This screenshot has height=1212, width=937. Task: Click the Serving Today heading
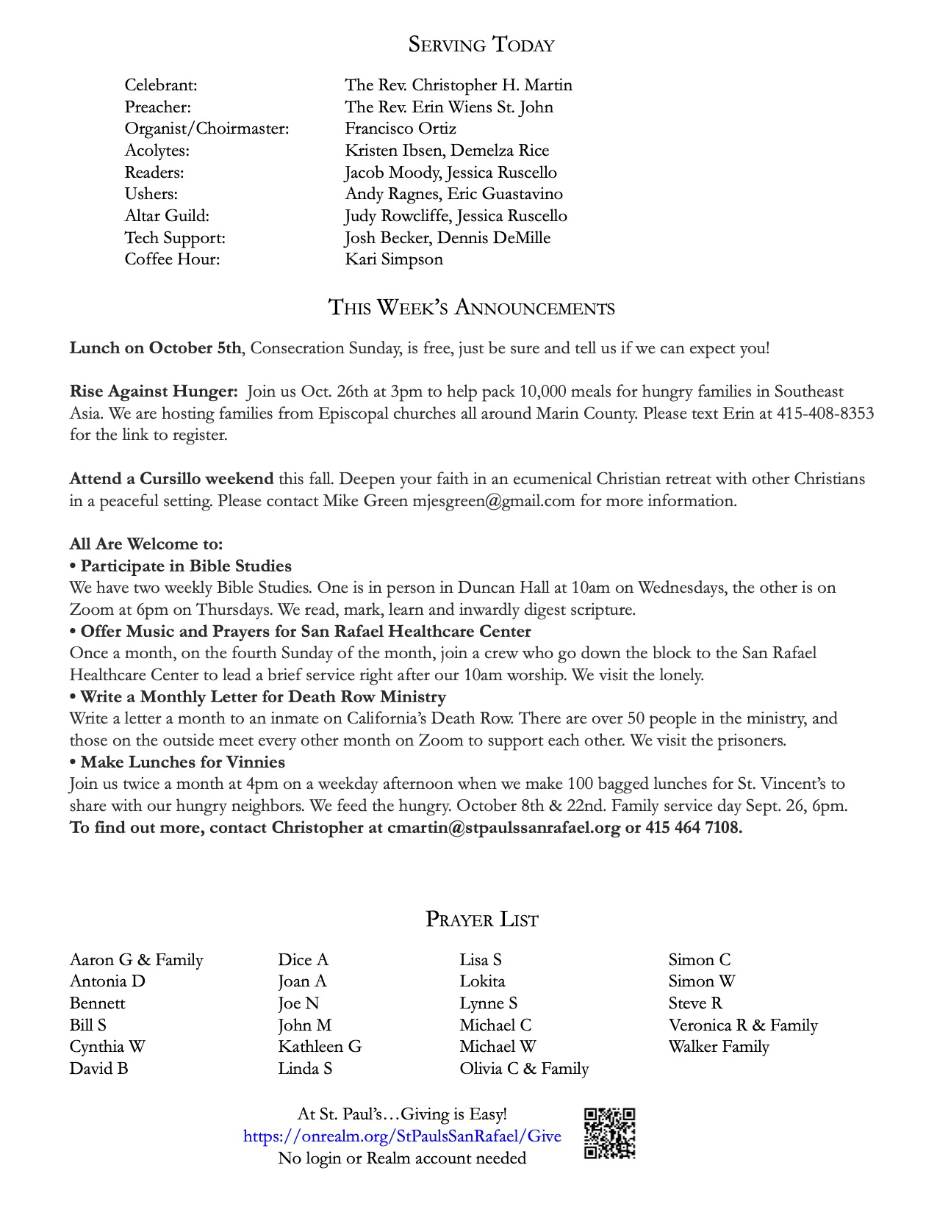[481, 45]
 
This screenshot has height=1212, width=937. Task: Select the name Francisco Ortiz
[401, 129]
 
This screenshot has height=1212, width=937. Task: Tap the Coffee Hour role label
[172, 259]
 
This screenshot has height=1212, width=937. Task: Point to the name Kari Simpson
[394, 259]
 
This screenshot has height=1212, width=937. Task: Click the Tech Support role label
[175, 238]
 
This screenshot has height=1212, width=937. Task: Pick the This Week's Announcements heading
[471, 307]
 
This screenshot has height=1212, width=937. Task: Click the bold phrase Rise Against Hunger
[153, 392]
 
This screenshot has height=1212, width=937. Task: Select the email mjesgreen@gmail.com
[493, 501]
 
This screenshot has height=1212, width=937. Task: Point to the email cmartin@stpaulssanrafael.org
[503, 827]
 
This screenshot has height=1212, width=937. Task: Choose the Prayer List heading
[481, 919]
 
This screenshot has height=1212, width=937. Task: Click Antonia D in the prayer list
[107, 981]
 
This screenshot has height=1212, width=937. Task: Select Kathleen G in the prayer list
[320, 1047]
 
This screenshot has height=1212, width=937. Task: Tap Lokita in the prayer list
[482, 981]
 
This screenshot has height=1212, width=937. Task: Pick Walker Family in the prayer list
[719, 1047]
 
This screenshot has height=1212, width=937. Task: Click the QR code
[609, 1133]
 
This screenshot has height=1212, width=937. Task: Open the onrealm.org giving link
[402, 1136]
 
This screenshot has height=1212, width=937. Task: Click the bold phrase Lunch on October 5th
[155, 348]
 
